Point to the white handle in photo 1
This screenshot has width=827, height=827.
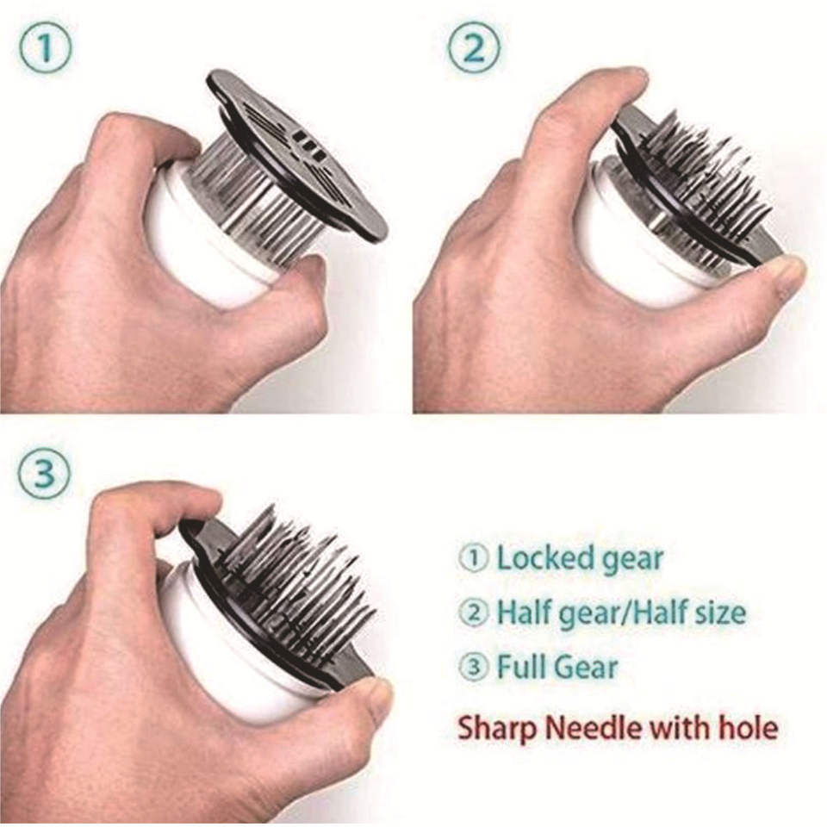tap(208, 238)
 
